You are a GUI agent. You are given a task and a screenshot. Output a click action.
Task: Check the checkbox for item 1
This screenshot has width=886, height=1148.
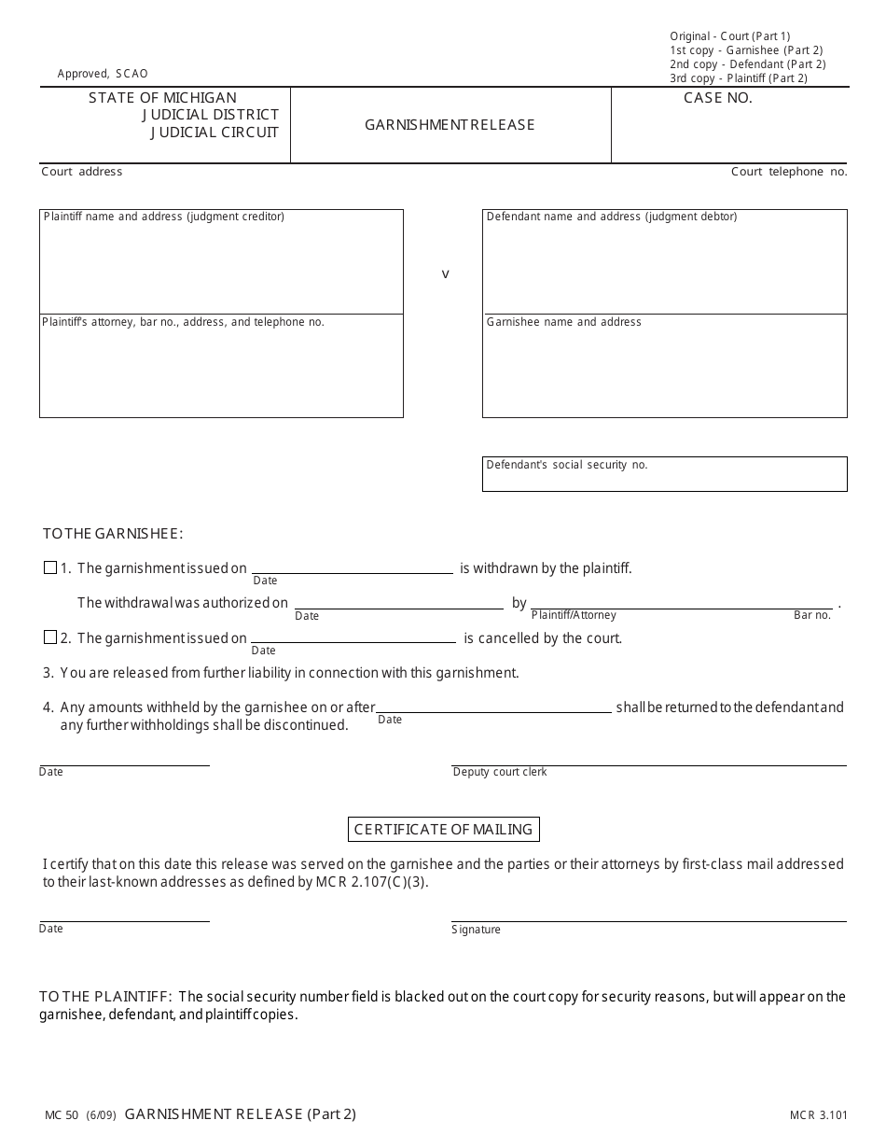[x=50, y=567]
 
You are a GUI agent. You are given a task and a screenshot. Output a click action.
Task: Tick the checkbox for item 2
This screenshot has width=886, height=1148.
[x=50, y=637]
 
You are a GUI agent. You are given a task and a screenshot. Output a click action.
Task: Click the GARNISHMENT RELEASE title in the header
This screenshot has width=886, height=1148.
[x=450, y=125]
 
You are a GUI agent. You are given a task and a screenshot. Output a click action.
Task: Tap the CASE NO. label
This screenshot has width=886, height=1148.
[x=717, y=98]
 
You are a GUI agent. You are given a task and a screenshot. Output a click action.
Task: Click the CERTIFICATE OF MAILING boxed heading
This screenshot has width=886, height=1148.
[x=444, y=829]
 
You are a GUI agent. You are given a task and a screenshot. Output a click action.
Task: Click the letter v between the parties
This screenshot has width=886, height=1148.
[x=445, y=274]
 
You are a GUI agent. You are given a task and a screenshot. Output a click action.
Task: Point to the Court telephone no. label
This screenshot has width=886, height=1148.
[x=789, y=172]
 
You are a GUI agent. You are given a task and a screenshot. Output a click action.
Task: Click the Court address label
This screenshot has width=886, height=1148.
[x=82, y=172]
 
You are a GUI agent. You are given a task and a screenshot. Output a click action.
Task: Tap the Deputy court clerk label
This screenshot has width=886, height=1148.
[x=500, y=772]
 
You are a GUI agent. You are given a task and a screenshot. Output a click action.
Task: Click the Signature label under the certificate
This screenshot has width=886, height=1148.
[x=476, y=930]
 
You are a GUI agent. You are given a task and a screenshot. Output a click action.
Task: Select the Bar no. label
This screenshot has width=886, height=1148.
[x=811, y=615]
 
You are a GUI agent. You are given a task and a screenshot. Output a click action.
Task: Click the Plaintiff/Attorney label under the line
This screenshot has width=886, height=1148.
[x=574, y=615]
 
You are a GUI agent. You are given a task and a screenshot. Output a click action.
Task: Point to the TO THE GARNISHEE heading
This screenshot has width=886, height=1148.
[x=113, y=534]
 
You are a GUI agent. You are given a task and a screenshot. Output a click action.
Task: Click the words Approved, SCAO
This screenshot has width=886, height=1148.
[x=103, y=74]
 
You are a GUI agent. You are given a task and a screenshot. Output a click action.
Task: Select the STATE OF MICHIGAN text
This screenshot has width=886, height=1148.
[x=162, y=98]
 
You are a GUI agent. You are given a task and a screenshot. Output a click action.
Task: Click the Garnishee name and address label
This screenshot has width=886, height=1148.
[x=564, y=322]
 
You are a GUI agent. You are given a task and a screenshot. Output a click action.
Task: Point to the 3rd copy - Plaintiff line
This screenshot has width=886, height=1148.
[x=739, y=78]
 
